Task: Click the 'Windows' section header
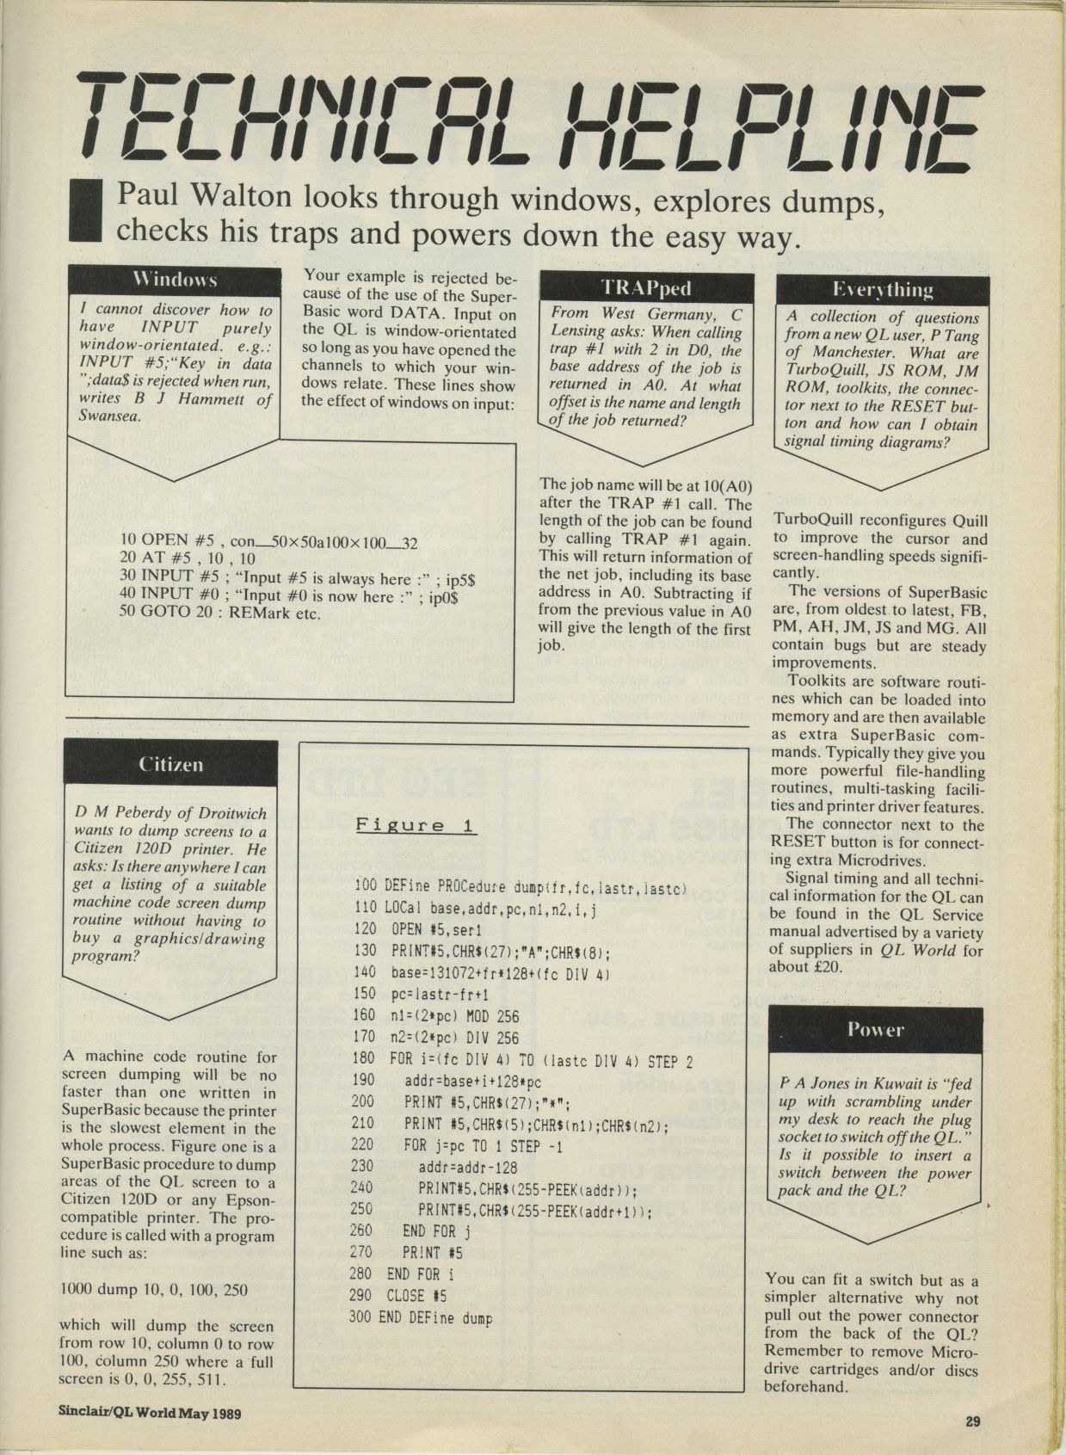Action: pyautogui.click(x=175, y=281)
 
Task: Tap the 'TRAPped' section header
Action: pyautogui.click(x=645, y=287)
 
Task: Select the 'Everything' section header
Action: pyautogui.click(x=883, y=289)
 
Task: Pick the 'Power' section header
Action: pyautogui.click(x=875, y=1029)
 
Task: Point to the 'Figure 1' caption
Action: pyautogui.click(x=416, y=825)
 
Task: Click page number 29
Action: pyautogui.click(x=972, y=1421)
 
